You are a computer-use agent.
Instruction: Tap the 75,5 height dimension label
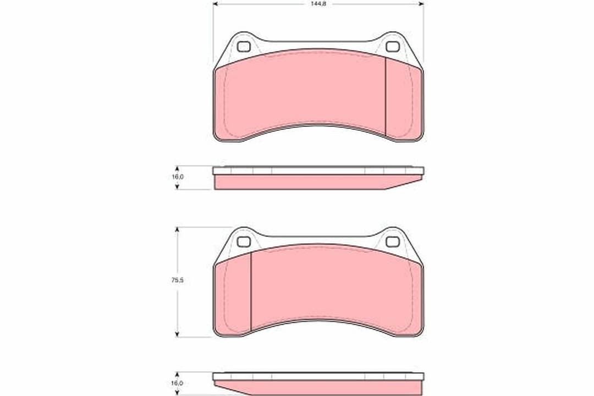point(178,280)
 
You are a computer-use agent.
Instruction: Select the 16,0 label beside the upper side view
point(178,177)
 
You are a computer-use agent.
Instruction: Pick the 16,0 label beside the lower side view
point(178,383)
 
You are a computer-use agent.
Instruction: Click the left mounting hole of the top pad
point(244,47)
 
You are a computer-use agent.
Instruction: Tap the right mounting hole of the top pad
point(392,47)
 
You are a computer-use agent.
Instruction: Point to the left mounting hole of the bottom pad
point(244,241)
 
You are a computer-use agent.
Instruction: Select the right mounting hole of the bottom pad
point(392,241)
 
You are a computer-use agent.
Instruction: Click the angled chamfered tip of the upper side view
point(404,184)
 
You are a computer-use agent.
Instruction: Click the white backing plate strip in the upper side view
point(318,170)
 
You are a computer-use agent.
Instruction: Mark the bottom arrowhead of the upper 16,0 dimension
point(177,186)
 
